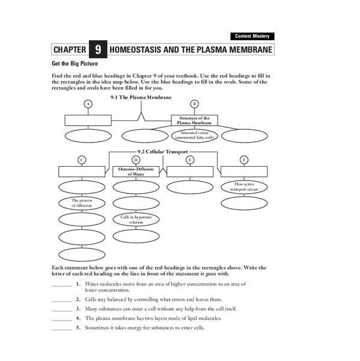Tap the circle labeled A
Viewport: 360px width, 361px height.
pos(88,104)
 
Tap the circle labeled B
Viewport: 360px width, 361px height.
pos(194,104)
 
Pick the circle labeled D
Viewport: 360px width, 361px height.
pos(136,159)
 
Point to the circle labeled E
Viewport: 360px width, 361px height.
pos(190,159)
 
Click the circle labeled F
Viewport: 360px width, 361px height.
pos(243,159)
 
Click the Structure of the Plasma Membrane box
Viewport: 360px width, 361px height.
pos(194,120)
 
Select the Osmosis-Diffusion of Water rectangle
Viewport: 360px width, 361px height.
pos(136,171)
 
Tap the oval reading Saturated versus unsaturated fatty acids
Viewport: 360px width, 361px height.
pos(194,135)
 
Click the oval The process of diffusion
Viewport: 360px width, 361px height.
pos(82,203)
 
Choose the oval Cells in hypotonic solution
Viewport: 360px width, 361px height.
pos(136,220)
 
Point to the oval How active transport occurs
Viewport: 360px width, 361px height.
pos(243,187)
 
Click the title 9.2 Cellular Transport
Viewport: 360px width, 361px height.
pos(163,152)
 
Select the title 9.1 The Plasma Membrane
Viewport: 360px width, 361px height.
pos(141,97)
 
